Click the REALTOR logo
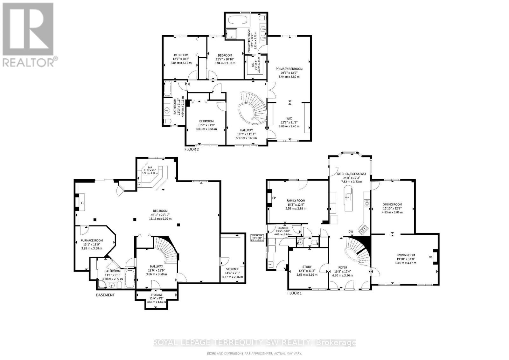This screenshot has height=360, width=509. tap(30, 35)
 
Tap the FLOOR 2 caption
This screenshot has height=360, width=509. tap(192, 149)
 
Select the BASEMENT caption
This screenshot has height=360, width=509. tap(105, 295)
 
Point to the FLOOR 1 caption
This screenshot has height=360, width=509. tap(294, 293)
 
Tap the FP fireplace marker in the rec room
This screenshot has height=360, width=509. tap(82, 203)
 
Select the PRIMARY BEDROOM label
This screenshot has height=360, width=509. tap(289, 69)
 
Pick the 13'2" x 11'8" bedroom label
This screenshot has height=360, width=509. tap(206, 121)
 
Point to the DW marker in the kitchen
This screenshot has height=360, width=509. tap(351, 232)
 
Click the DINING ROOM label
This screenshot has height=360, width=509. tap(392, 204)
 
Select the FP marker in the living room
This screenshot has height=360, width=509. tap(430, 257)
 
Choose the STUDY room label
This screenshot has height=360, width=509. tap(307, 267)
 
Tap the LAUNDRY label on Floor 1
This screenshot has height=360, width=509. tap(283, 228)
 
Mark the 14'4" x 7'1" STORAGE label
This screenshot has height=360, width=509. tap(232, 269)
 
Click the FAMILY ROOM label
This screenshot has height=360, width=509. tap(296, 201)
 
